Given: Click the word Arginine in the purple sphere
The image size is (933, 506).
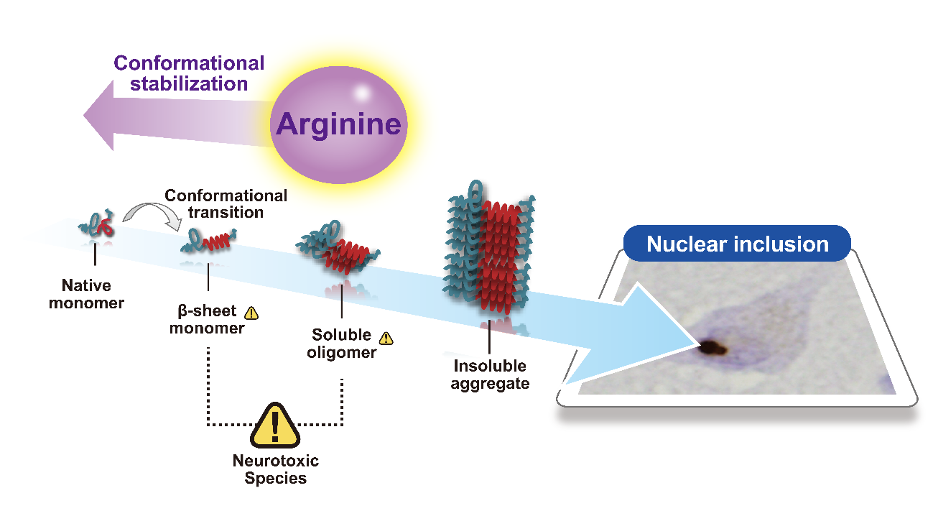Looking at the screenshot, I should (x=338, y=124).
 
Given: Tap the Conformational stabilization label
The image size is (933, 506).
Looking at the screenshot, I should (x=189, y=73).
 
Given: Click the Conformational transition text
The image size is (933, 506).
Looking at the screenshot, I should (x=226, y=203).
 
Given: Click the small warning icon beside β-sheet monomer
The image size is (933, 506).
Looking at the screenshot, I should (x=251, y=313).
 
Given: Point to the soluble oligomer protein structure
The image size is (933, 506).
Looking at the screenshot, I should (x=338, y=249).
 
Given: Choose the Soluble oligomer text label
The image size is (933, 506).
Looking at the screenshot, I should (x=341, y=344).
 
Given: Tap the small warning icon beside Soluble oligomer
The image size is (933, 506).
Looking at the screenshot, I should (x=386, y=336).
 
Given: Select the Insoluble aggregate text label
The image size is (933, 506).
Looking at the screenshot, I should (x=490, y=375).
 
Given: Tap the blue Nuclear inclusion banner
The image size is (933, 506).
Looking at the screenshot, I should (x=737, y=244).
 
